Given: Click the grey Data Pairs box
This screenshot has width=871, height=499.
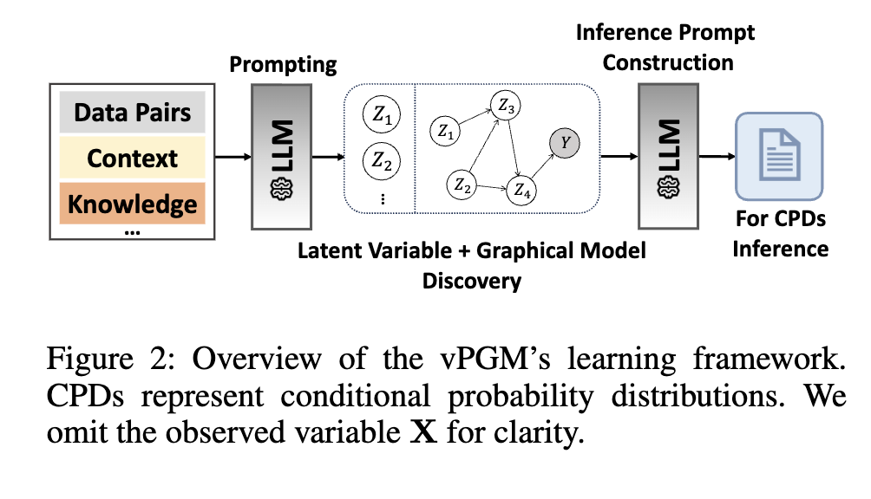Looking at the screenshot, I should [132, 113].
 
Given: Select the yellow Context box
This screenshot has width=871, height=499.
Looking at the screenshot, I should [132, 159].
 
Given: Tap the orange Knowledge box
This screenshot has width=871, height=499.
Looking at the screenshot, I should [132, 204].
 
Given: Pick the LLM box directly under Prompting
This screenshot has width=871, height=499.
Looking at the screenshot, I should [279, 157].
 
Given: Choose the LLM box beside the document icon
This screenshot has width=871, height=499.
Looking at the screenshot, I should [667, 157].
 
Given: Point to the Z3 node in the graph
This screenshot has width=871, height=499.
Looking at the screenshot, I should [506, 107].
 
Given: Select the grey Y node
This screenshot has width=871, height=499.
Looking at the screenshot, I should [566, 143].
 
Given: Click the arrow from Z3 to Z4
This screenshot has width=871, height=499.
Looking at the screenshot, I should [514, 147].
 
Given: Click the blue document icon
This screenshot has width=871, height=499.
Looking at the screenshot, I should [778, 156].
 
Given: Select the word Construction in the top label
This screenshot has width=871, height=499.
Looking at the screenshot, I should [668, 62].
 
